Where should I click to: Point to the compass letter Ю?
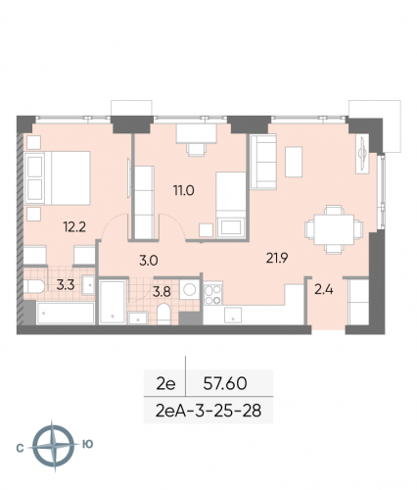coord(88,445)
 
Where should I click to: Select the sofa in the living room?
coord(264,156)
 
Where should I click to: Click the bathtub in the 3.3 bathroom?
coord(66,314)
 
